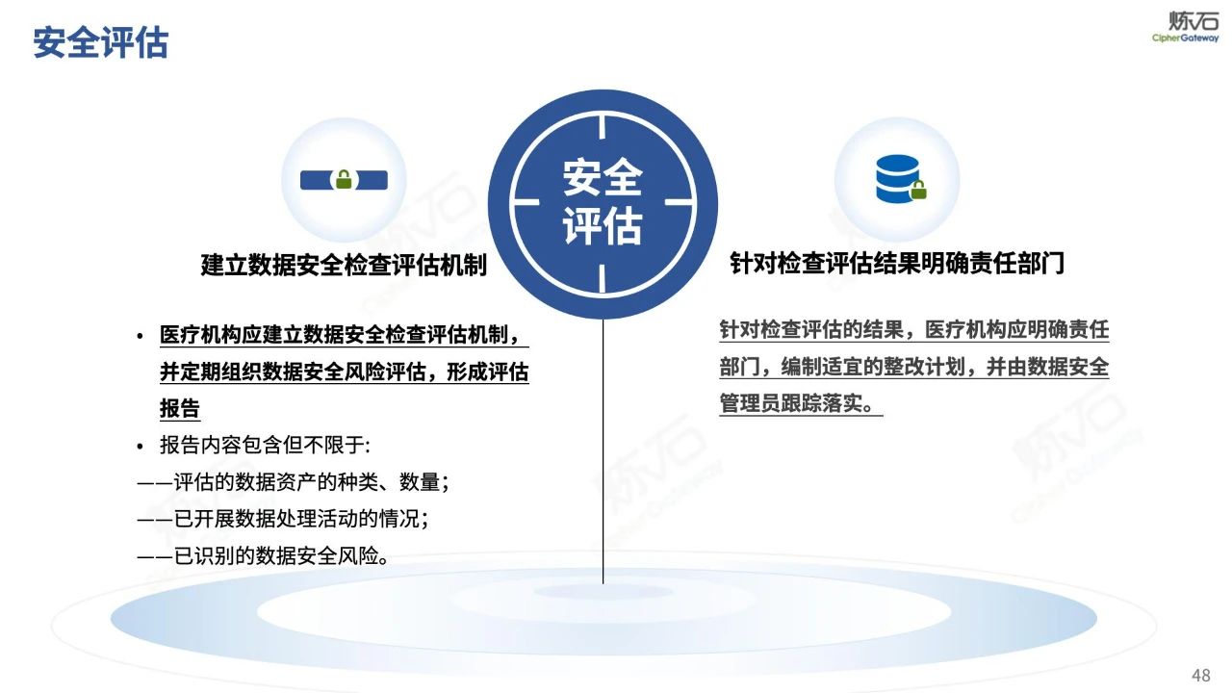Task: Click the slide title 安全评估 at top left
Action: (100, 42)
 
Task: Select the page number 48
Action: (1200, 675)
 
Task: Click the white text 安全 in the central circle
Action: (603, 178)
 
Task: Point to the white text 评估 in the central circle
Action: (603, 227)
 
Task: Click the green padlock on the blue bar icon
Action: (343, 179)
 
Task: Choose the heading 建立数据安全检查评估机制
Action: (344, 265)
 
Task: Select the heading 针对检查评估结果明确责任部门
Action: (897, 263)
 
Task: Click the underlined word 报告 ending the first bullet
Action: (180, 408)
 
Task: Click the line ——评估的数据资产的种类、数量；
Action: (294, 482)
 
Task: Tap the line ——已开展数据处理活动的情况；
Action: (282, 519)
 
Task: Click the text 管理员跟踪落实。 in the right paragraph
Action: (801, 404)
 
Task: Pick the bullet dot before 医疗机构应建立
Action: (140, 336)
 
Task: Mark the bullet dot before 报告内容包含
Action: (140, 447)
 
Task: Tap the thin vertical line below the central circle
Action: (603, 452)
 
